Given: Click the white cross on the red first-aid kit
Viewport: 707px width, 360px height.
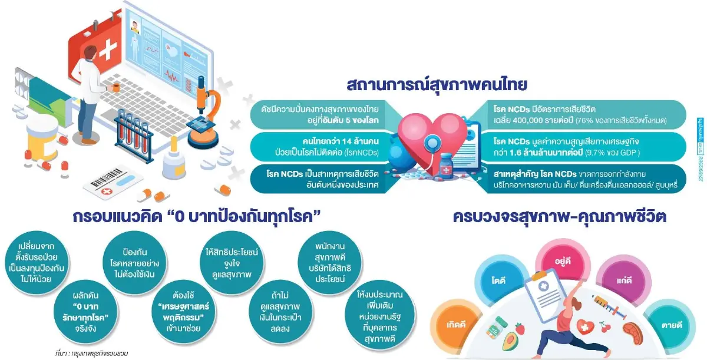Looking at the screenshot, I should pyautogui.click(x=107, y=52).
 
